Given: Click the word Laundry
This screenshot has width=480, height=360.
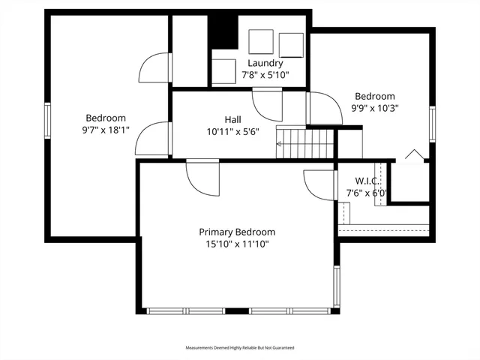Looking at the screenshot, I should (x=265, y=63).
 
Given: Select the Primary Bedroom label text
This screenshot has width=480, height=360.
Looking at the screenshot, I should (x=236, y=232).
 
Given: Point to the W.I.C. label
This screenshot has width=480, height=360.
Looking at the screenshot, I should (x=367, y=181).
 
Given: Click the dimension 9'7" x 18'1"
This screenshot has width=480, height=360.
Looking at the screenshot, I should (x=106, y=130).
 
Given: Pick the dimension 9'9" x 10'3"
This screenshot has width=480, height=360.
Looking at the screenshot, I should (x=375, y=107).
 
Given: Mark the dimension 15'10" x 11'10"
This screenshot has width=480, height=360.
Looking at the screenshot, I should (x=236, y=244).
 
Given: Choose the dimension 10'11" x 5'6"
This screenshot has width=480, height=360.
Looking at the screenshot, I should (x=232, y=131).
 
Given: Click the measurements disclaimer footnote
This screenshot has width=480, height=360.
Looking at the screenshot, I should (x=240, y=348).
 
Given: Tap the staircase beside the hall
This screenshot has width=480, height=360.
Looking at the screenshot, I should (x=305, y=141).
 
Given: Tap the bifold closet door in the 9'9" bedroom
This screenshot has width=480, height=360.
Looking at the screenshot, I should (x=413, y=155).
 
